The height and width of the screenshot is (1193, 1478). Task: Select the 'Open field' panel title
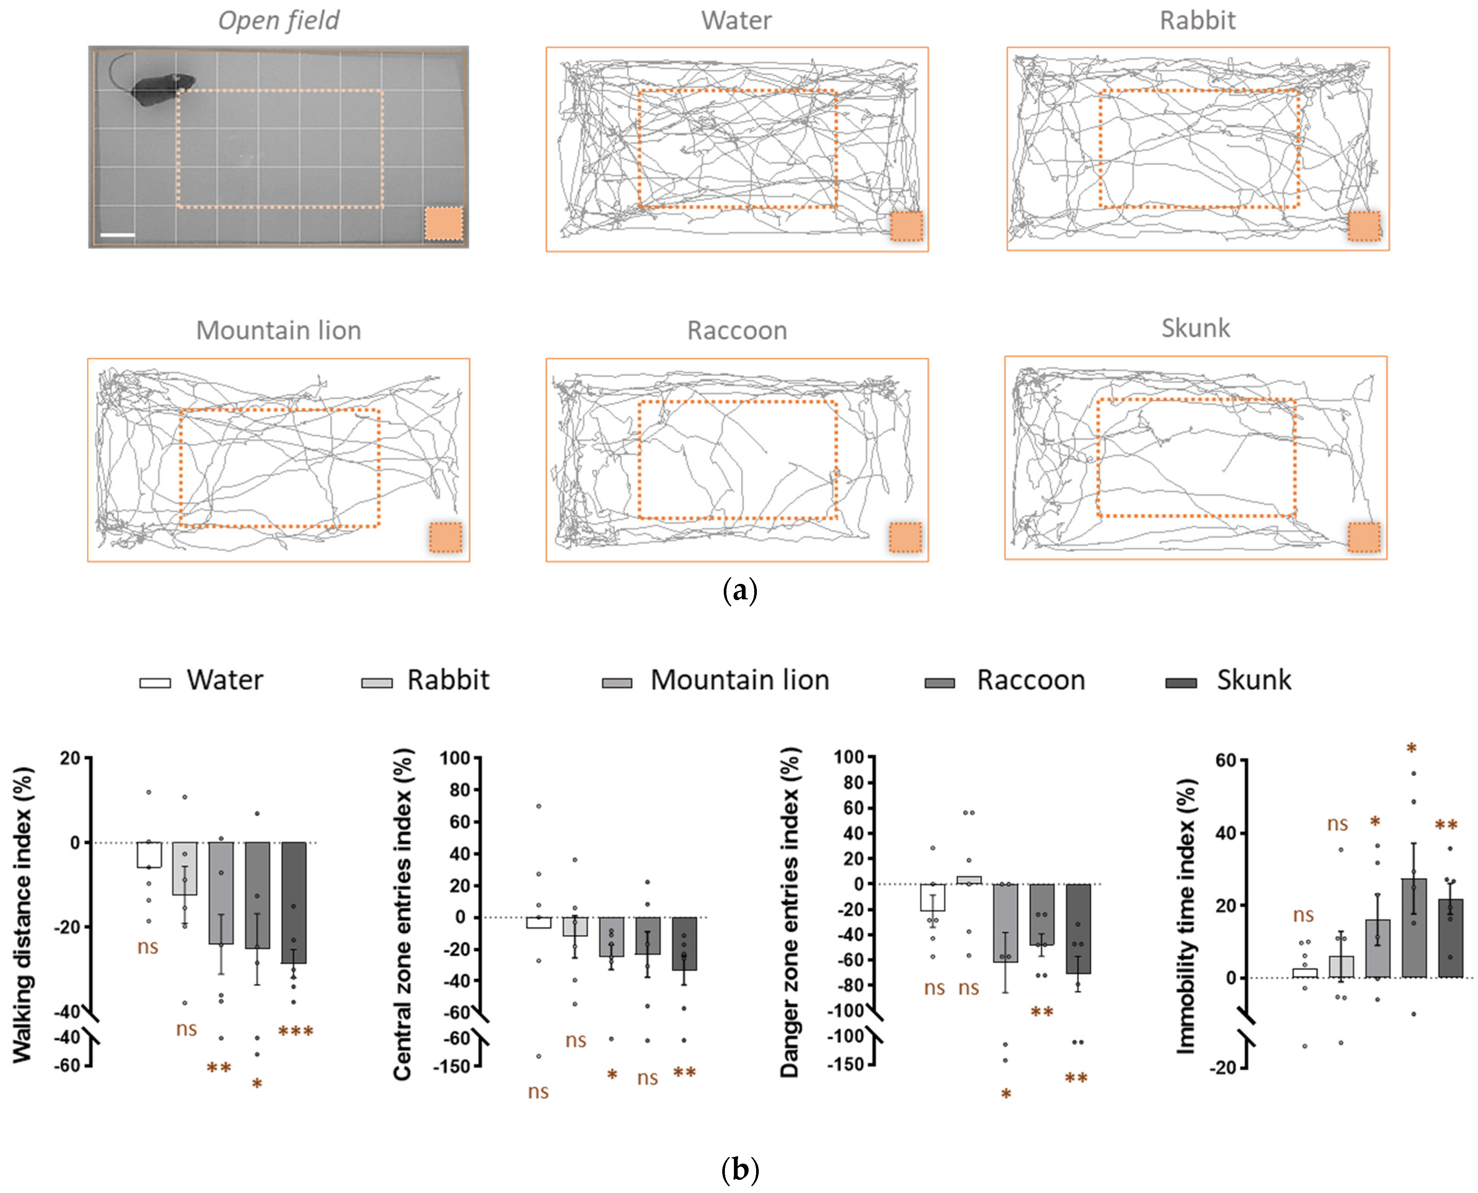pyautogui.click(x=278, y=21)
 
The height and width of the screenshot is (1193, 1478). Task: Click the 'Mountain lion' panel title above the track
pyautogui.click(x=278, y=331)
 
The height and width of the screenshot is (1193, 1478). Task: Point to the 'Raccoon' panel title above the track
pyautogui.click(x=737, y=331)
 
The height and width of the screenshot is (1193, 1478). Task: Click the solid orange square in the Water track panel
pyautogui.click(x=906, y=226)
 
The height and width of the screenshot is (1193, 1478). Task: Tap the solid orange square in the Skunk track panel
pyautogui.click(x=1363, y=537)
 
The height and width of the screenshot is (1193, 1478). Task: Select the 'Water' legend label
pyautogui.click(x=225, y=680)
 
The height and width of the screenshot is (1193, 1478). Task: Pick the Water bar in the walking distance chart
pyautogui.click(x=149, y=854)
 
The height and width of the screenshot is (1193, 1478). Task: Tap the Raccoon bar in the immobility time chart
pyautogui.click(x=1413, y=928)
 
